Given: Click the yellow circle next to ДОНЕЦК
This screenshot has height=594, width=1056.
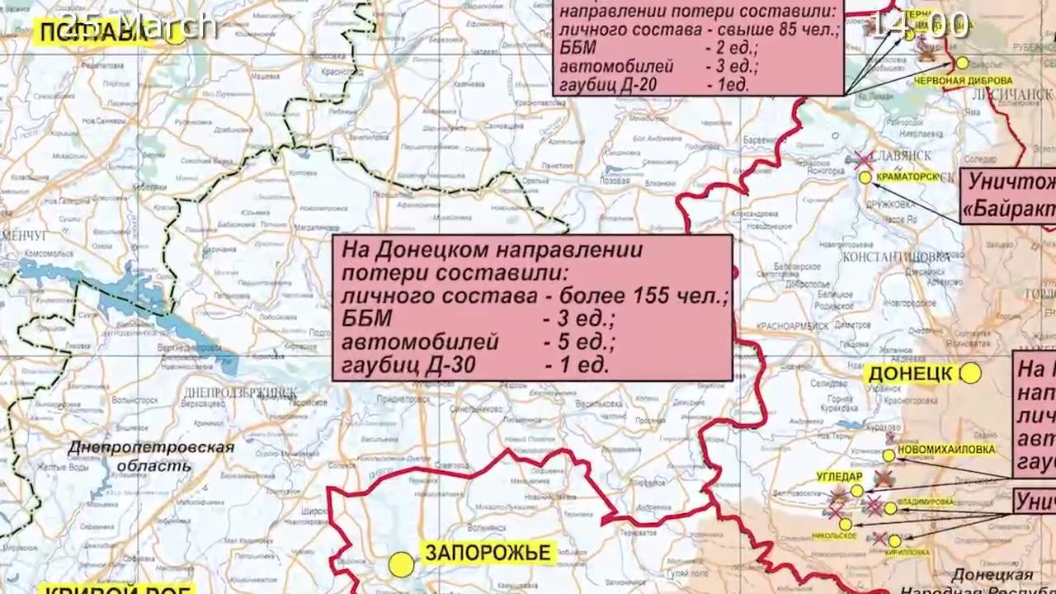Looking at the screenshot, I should click(x=970, y=374).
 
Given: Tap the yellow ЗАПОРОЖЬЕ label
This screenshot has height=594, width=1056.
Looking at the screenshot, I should click(x=487, y=553).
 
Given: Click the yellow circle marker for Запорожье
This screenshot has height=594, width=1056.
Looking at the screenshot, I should click(x=402, y=564).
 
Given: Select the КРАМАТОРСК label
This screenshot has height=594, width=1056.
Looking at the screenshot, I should click(x=908, y=177).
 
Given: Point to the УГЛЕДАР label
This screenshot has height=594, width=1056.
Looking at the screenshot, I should click(x=839, y=477).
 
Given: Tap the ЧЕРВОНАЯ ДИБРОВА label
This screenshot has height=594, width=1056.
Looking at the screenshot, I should click(x=964, y=81).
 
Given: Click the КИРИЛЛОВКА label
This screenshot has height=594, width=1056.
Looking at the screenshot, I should click(x=907, y=553).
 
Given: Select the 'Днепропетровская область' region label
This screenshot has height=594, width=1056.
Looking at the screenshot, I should click(x=151, y=456).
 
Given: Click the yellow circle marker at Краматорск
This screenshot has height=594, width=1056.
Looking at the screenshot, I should click(x=865, y=177).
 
